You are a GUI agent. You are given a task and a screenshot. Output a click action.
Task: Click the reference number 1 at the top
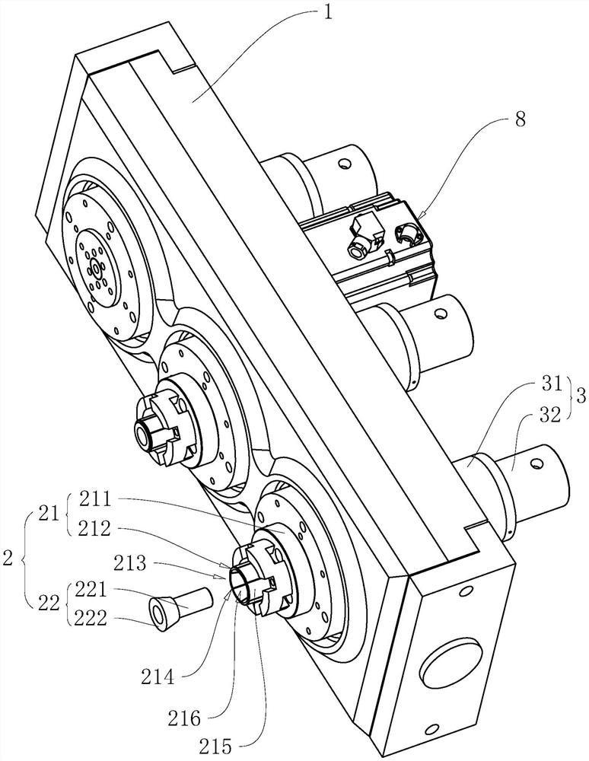tap(329, 11)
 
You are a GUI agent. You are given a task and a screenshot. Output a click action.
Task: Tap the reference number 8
tap(520, 119)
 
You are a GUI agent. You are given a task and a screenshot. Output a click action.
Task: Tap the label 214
tap(158, 677)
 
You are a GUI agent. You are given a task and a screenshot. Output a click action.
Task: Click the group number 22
tap(49, 603)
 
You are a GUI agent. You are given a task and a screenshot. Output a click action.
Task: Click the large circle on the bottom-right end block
tap(450, 663)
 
